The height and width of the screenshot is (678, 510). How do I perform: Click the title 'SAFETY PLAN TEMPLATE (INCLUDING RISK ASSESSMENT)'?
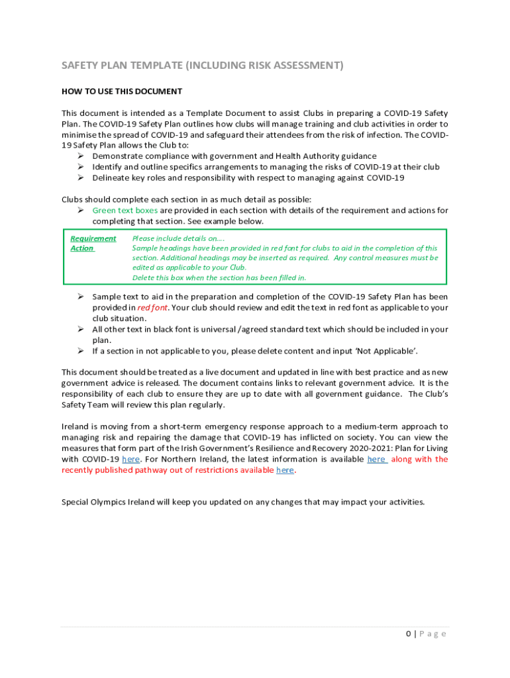click(203, 65)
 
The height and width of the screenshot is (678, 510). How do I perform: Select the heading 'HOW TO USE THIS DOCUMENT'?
click(122, 91)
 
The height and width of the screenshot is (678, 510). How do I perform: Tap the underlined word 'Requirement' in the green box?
click(93, 238)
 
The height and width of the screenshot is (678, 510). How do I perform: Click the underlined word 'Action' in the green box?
click(82, 248)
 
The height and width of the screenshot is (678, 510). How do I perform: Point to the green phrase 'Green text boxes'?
click(125, 211)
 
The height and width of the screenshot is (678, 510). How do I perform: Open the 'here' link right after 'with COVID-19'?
click(130, 459)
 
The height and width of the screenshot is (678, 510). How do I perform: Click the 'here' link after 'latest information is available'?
click(377, 459)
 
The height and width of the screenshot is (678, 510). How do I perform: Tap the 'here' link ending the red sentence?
click(285, 469)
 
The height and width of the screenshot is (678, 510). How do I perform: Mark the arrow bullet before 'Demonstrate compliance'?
click(79, 156)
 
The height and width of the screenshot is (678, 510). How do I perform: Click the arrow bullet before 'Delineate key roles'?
click(79, 177)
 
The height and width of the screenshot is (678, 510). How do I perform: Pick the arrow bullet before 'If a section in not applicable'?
click(79, 350)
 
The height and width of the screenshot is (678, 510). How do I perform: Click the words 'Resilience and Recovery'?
click(293, 448)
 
